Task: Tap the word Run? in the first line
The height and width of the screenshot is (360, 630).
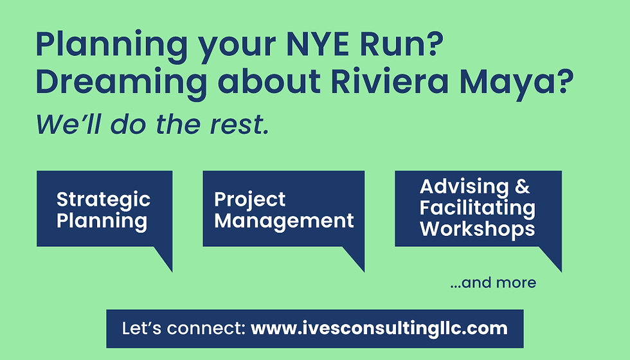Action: click(x=401, y=44)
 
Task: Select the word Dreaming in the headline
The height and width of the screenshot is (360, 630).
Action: click(x=121, y=83)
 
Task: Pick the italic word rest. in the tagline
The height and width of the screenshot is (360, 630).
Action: click(x=239, y=124)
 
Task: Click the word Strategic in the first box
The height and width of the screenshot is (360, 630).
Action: click(x=104, y=200)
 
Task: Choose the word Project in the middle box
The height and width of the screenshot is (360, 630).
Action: click(x=249, y=200)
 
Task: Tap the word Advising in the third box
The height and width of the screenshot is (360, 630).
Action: click(x=464, y=187)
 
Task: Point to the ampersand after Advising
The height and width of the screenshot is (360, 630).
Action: click(x=522, y=186)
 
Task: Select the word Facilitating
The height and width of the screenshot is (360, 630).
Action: click(x=477, y=208)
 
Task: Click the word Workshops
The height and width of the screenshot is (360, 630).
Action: click(x=477, y=229)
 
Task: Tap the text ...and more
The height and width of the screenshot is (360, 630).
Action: click(x=493, y=282)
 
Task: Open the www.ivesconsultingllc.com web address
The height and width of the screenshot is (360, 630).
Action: click(x=379, y=328)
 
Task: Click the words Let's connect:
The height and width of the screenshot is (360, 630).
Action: click(x=183, y=328)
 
